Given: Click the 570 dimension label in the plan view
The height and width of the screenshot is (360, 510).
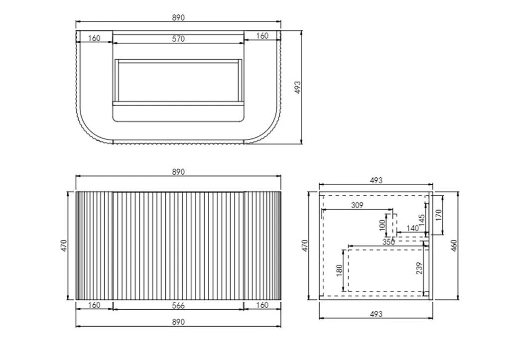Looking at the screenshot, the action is (x=178, y=39).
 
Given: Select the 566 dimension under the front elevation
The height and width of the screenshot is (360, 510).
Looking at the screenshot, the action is (x=178, y=305).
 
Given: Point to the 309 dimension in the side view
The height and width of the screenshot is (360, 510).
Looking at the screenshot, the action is (x=357, y=205).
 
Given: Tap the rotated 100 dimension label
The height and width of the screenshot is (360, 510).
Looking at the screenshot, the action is (x=382, y=225).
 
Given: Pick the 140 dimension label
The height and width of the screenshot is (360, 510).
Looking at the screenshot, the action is (x=412, y=228).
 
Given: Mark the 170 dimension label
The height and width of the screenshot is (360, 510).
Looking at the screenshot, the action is (x=438, y=215).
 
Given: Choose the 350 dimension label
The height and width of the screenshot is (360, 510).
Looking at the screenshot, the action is (x=388, y=242).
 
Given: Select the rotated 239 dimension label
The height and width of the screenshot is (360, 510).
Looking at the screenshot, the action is (x=419, y=268).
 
